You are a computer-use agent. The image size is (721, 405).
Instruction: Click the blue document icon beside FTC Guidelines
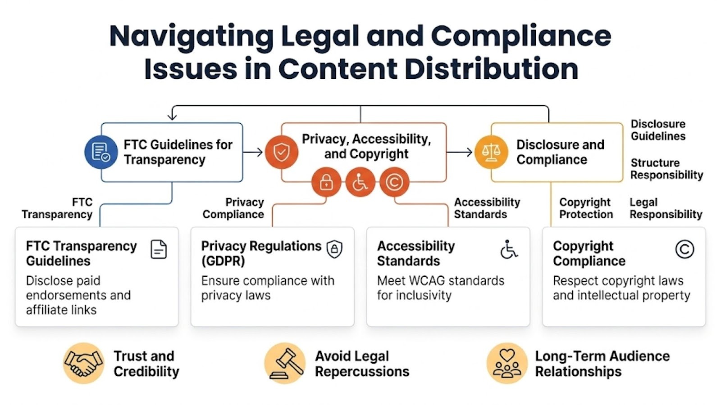101,152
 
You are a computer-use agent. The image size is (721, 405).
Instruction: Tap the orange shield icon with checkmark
282,152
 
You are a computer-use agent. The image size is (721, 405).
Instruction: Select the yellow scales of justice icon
491,152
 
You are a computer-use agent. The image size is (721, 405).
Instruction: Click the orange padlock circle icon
326,182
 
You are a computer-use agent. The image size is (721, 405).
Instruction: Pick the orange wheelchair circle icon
360,182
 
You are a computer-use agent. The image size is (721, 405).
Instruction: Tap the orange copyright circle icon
394,182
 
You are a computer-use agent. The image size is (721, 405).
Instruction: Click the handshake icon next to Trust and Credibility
84,363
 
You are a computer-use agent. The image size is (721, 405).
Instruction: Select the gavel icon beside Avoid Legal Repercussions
285,363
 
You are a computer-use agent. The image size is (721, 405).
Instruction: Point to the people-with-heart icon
507,363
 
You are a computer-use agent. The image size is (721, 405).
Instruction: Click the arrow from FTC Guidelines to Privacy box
254,152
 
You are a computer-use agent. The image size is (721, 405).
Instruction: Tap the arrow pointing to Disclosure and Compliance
460,152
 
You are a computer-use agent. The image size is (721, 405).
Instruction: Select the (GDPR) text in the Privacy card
223,261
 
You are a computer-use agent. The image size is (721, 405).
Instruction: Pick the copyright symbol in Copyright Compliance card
684,249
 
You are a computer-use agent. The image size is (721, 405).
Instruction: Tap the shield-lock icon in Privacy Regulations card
334,249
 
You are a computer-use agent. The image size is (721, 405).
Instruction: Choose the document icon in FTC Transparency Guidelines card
159,249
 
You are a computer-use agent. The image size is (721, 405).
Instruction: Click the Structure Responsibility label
666,169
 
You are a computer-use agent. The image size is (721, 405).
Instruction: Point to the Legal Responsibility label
666,208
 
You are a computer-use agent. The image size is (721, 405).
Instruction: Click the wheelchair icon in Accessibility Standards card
509,249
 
